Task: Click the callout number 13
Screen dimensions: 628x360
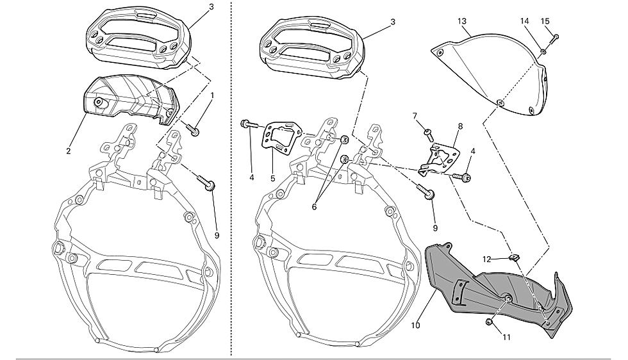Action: pos(462,21)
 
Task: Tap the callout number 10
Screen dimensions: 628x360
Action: pos(415,325)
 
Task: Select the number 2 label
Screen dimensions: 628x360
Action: pos(69,151)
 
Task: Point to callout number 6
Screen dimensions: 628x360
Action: pos(314,207)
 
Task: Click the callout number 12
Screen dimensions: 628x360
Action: pos(486,259)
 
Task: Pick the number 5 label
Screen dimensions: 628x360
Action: pos(273,178)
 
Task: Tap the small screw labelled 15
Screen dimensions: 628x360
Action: pos(554,38)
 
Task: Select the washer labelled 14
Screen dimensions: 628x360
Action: pos(543,51)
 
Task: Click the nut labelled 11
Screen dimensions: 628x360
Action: pos(488,322)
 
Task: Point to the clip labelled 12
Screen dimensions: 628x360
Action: pos(513,256)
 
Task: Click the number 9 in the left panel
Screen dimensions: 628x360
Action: pos(217,236)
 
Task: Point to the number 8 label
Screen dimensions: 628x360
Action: pos(460,127)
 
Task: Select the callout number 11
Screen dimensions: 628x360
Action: pos(507,337)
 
